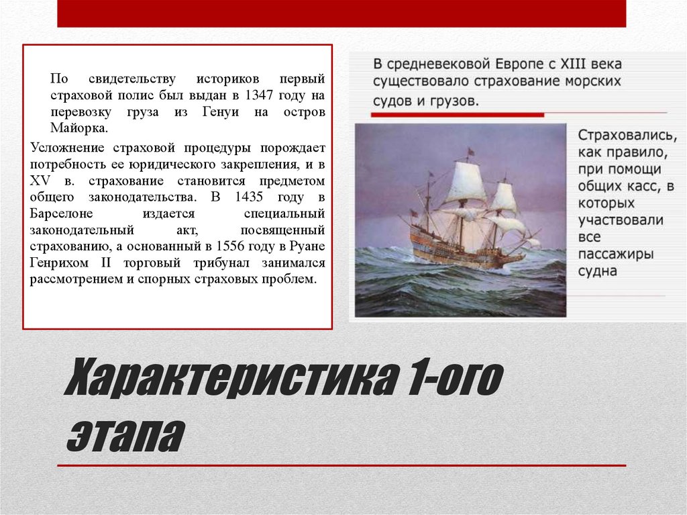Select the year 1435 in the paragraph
coord(249,197)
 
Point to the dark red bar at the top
coord(341,13)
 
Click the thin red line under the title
coord(341,465)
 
